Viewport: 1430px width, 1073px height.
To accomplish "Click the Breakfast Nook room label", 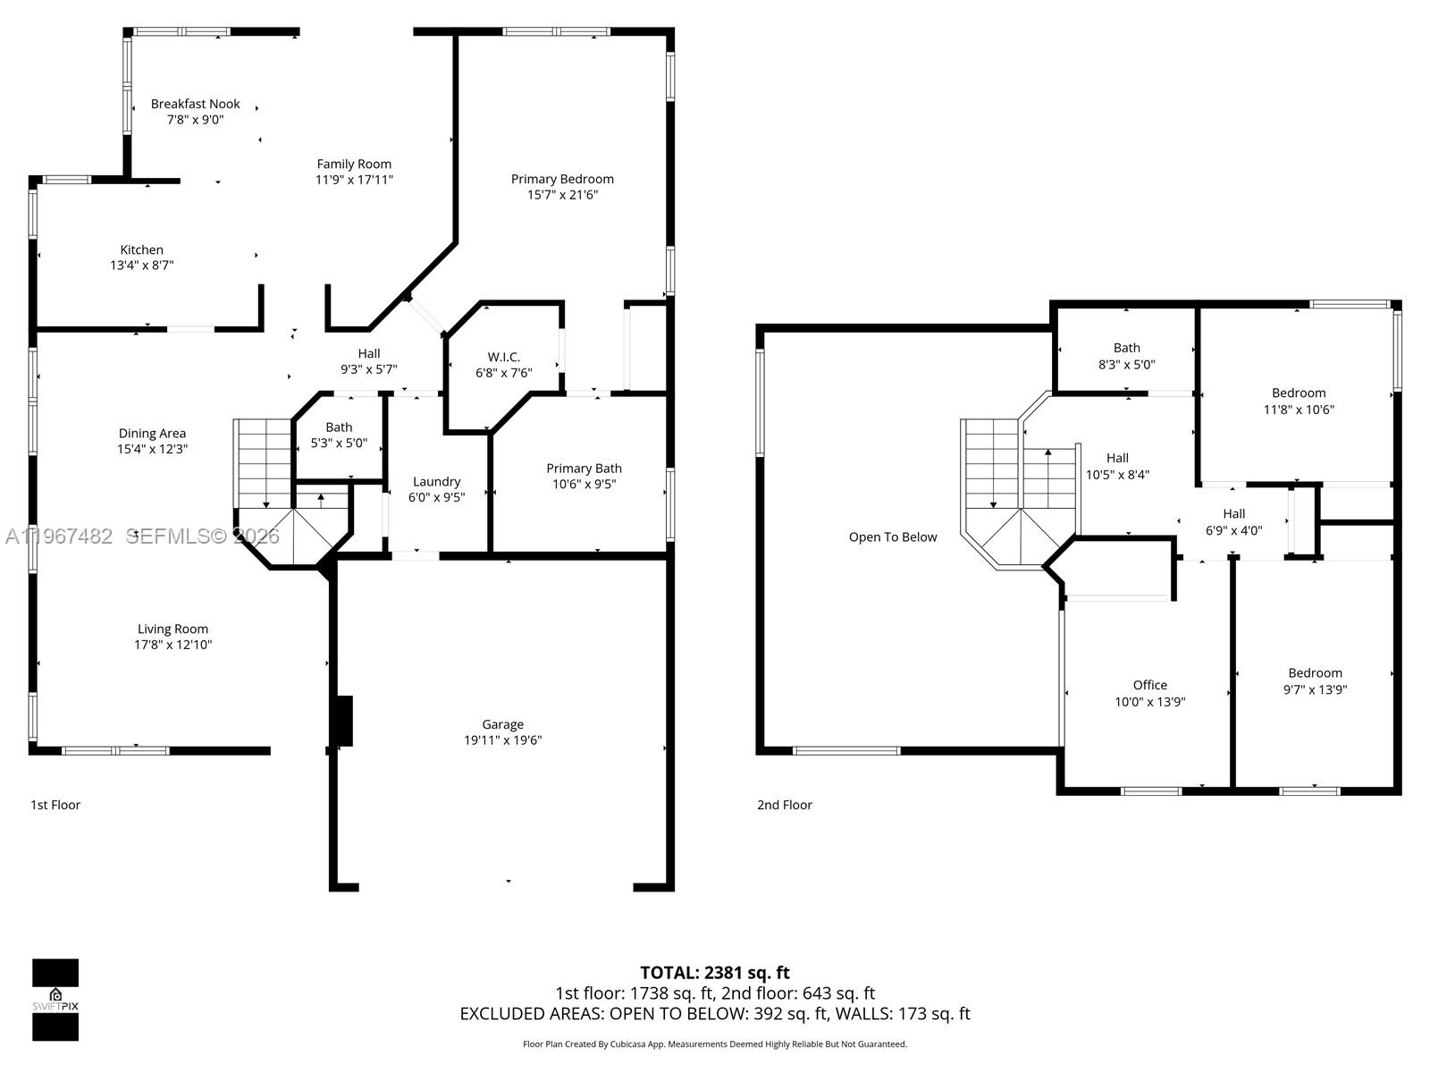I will (195, 105).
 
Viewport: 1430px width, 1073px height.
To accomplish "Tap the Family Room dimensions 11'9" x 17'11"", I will (354, 180).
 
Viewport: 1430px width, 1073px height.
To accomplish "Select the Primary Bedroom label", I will (562, 179).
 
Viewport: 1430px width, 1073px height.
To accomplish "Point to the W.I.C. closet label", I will (503, 357).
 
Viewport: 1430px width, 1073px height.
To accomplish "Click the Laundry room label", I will (436, 481).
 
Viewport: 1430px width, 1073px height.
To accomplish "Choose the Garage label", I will (502, 724).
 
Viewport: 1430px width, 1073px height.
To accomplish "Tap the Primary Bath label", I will (584, 469).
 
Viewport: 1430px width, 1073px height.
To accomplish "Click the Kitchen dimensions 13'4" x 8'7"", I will (141, 266).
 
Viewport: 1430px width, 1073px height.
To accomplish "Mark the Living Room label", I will (172, 629).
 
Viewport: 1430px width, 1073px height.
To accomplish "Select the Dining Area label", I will (152, 434).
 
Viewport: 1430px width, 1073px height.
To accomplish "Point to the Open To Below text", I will (893, 537).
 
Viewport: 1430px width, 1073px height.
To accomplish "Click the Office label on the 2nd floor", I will (1149, 685).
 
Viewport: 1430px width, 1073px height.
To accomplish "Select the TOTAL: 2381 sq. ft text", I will (714, 973).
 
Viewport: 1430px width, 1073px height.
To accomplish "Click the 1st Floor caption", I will (55, 805).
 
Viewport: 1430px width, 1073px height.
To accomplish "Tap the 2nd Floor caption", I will (784, 805).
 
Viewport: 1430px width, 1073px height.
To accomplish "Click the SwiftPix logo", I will (55, 999).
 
